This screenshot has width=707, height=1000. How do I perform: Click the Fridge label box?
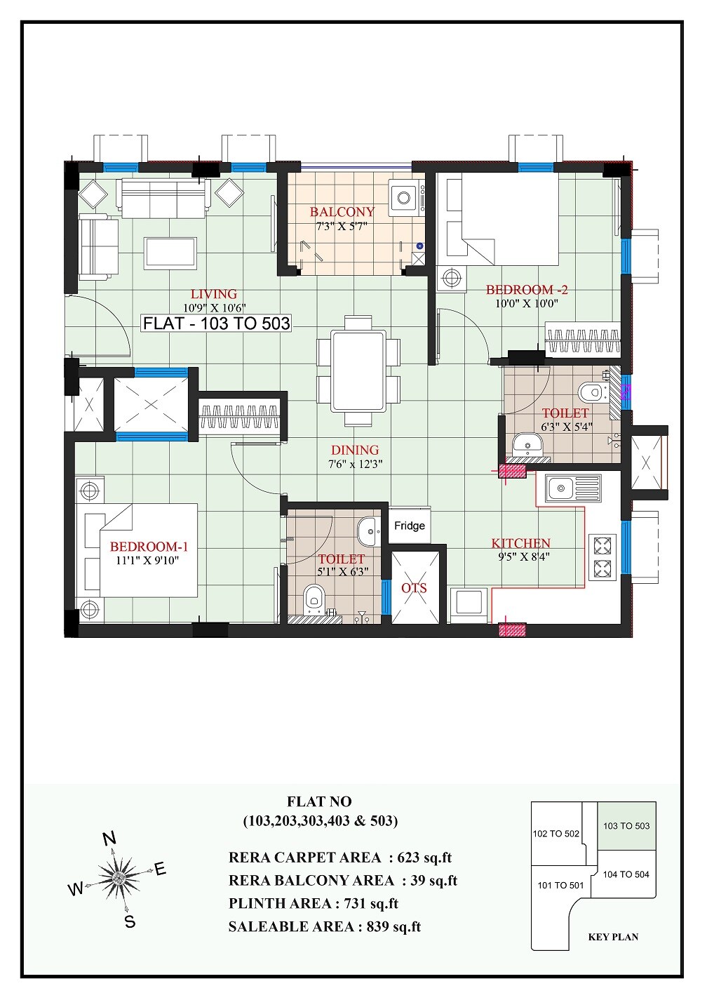coord(409,526)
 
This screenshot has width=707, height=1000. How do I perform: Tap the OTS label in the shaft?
coord(414,588)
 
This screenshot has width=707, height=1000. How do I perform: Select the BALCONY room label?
coord(342,211)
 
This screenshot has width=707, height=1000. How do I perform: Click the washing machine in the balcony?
coord(406,197)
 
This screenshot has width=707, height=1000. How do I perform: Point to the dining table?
coord(358,371)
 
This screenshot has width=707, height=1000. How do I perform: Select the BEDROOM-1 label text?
coord(149,547)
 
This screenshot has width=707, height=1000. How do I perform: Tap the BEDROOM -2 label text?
coord(527,290)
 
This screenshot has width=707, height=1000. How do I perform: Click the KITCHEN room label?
coord(520,543)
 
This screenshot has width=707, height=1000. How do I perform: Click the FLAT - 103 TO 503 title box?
coord(216,324)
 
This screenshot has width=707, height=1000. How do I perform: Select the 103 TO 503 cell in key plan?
coord(626,826)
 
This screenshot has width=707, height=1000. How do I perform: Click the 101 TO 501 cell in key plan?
coord(560,886)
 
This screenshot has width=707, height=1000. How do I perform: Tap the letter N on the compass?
coord(109,839)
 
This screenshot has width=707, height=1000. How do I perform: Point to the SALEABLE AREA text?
coord(291,927)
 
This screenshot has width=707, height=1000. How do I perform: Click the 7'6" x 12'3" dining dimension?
coord(355,464)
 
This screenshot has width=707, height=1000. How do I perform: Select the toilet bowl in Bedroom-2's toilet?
coord(591,392)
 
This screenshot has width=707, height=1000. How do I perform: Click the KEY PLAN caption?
coord(613,937)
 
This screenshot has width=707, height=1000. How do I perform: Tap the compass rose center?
coord(117,877)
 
